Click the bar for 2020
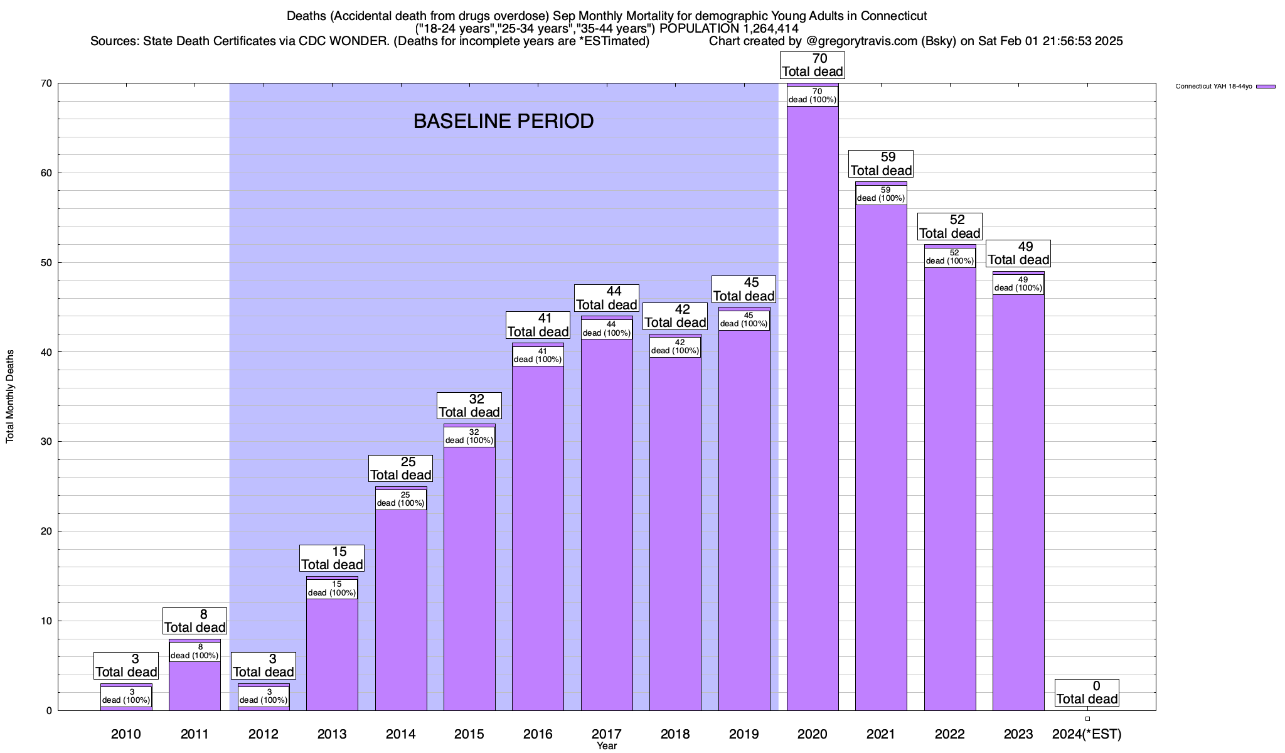pos(813,408)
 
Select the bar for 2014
pos(401,609)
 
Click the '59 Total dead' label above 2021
pos(881,164)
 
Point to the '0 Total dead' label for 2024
pos(1087,693)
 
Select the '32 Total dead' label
pos(469,406)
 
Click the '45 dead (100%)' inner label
pos(744,320)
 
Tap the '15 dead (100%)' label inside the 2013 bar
pos(332,589)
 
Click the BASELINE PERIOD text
pos(503,121)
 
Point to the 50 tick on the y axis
pos(47,262)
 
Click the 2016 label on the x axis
pos(538,734)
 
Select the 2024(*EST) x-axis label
pos(1087,734)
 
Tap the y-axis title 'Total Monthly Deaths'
pos(10,397)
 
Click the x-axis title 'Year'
pos(607,746)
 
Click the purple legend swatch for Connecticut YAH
pos(1266,87)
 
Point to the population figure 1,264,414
pos(762,28)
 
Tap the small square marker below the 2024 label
pos(1087,718)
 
